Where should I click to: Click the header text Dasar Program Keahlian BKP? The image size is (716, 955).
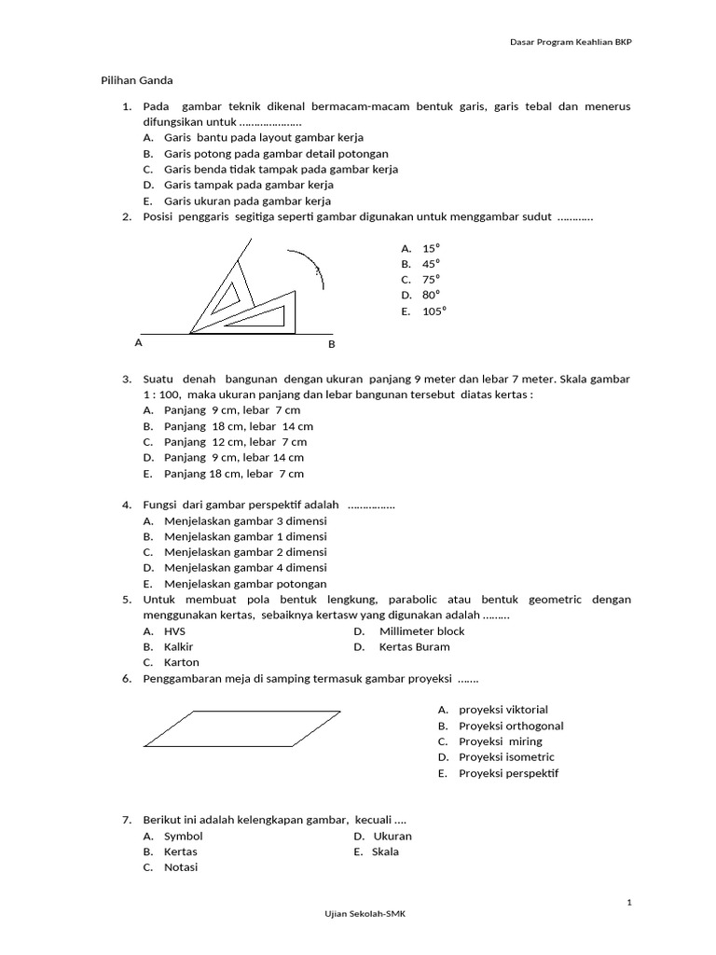571,42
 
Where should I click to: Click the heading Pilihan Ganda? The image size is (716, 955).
136,81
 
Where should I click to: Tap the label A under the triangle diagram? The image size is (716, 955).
138,342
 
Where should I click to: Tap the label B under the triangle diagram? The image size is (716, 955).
331,345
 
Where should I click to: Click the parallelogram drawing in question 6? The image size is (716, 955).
241,728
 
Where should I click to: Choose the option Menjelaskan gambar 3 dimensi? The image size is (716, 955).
245,521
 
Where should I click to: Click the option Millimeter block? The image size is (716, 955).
421,631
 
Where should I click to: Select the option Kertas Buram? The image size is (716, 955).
414,646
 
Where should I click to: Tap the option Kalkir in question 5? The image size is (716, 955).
178,646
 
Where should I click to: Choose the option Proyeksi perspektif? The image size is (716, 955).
508,773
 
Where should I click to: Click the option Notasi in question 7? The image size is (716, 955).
181,867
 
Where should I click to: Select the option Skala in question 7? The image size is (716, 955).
385,851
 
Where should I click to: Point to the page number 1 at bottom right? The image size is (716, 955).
629,902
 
